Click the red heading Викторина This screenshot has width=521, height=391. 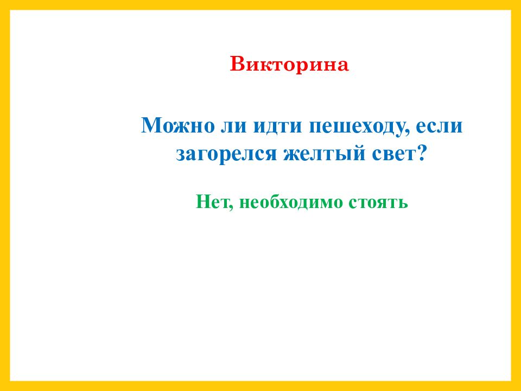(289, 64)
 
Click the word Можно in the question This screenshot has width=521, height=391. (178, 125)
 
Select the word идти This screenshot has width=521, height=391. (278, 127)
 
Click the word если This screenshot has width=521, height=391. (439, 127)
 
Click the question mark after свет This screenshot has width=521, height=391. (421, 153)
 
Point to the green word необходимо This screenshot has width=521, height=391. (291, 202)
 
